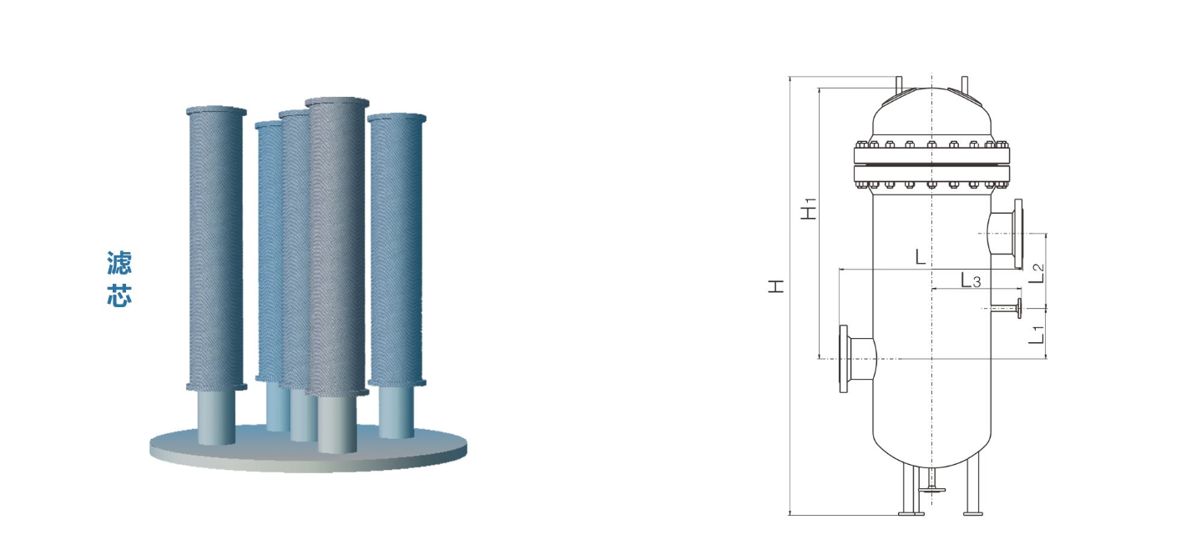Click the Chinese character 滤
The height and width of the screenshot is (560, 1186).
point(119,263)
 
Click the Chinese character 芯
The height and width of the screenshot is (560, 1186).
point(119,295)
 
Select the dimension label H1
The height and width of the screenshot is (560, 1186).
point(809,209)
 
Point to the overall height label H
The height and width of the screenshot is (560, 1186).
point(776,285)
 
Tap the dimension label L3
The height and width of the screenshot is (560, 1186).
point(971,280)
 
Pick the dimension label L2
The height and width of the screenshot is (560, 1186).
point(1037,273)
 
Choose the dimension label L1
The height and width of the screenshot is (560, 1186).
point(1037,335)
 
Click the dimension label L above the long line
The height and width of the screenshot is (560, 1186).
point(921,257)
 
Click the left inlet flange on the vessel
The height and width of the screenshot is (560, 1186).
point(844,359)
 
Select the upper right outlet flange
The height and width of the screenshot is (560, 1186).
point(1018,234)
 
